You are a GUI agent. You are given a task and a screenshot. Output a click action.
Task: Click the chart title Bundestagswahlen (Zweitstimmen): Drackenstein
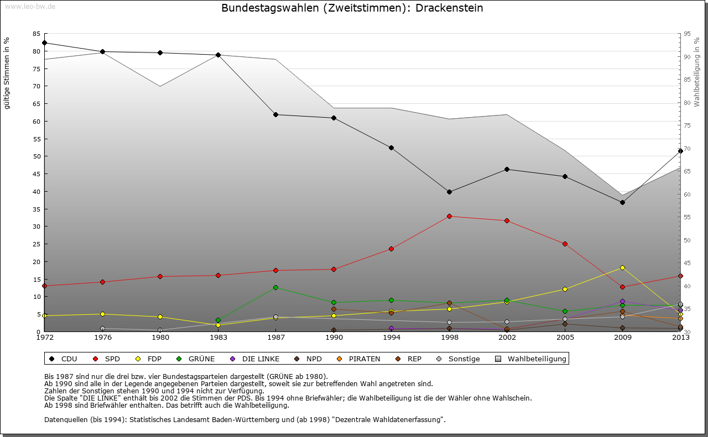click(x=352, y=8)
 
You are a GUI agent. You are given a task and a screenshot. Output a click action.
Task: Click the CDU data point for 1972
click(x=44, y=43)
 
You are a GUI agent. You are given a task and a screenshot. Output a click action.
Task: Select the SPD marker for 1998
click(x=449, y=216)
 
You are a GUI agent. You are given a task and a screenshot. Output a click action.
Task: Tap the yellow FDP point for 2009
click(x=622, y=267)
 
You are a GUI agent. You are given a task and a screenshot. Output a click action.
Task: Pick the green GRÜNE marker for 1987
click(x=275, y=287)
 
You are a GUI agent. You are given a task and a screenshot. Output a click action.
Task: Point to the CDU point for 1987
click(x=275, y=114)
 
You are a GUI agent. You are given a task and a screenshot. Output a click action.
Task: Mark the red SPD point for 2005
click(x=565, y=244)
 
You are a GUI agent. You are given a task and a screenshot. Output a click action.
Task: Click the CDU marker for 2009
click(x=622, y=202)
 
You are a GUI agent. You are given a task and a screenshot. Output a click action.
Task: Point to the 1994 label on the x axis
click(x=391, y=337)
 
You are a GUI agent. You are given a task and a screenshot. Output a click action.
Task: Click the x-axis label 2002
click(x=507, y=337)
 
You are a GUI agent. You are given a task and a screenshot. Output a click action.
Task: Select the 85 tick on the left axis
click(x=37, y=34)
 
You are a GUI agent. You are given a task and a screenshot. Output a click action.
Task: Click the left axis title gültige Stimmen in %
click(x=7, y=73)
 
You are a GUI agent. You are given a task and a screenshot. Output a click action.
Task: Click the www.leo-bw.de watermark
click(x=29, y=7)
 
